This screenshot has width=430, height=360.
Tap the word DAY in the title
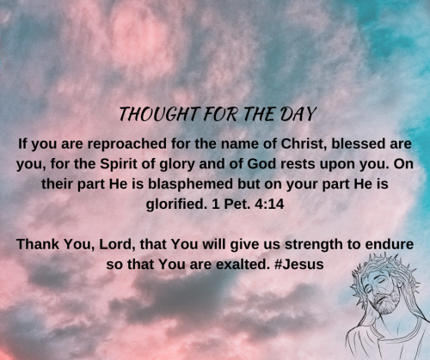click(292, 114)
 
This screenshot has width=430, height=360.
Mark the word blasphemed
click(168, 184)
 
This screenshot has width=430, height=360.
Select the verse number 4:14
click(283, 204)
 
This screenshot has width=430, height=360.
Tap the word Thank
click(38, 244)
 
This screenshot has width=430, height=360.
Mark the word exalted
click(243, 265)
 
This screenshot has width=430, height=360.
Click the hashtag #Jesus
click(300, 265)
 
